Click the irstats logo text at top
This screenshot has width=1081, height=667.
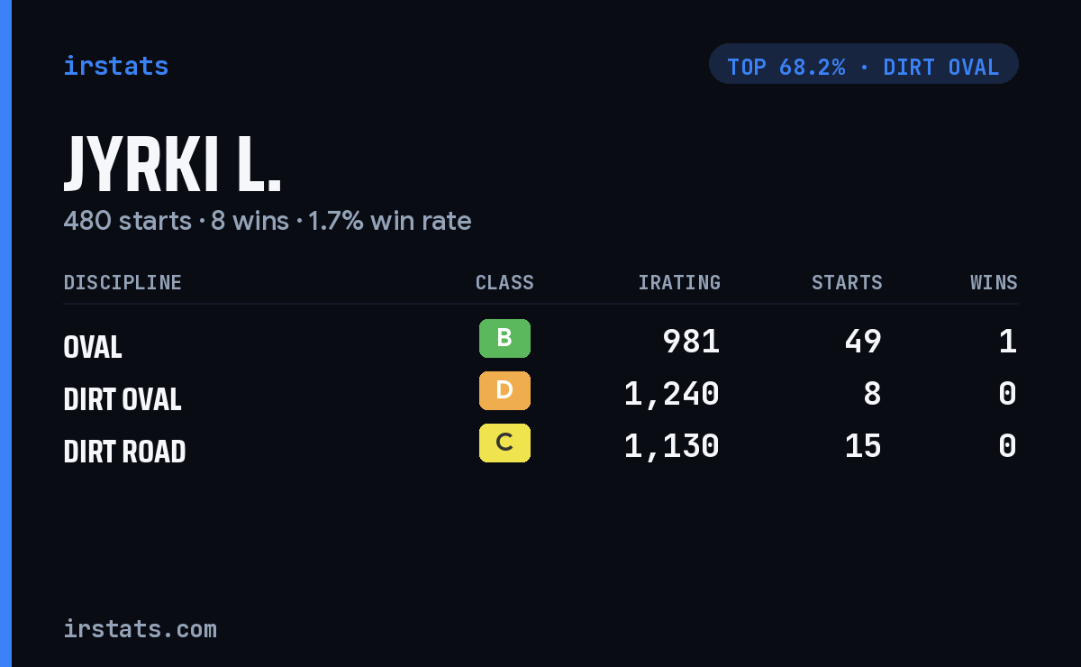pos(116,66)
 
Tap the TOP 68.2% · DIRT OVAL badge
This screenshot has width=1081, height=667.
pos(863,64)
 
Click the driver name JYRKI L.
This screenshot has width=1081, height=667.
pos(172,164)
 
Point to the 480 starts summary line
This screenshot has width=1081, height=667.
pos(268,221)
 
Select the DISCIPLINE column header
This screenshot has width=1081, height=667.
pos(123,282)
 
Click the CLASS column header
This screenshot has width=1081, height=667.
pos(504,282)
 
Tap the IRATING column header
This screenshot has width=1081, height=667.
pos(679,282)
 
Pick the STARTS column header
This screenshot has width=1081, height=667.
pos(847,282)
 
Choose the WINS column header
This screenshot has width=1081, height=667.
pos(995,282)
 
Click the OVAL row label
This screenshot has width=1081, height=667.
pos(93,347)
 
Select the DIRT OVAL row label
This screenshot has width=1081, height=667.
pos(123,399)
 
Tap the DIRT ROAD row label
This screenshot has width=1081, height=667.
pos(124,451)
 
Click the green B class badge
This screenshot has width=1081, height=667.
pos(504,338)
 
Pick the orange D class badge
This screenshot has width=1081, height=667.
pos(504,390)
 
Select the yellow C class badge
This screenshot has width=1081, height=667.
pos(504,443)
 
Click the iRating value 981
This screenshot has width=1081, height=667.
pos(691,342)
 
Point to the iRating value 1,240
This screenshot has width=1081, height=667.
pos(671,394)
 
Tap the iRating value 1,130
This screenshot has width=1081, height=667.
pos(671,446)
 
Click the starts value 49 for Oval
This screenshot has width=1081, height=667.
pos(863,342)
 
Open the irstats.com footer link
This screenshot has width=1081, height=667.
pos(140,629)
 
